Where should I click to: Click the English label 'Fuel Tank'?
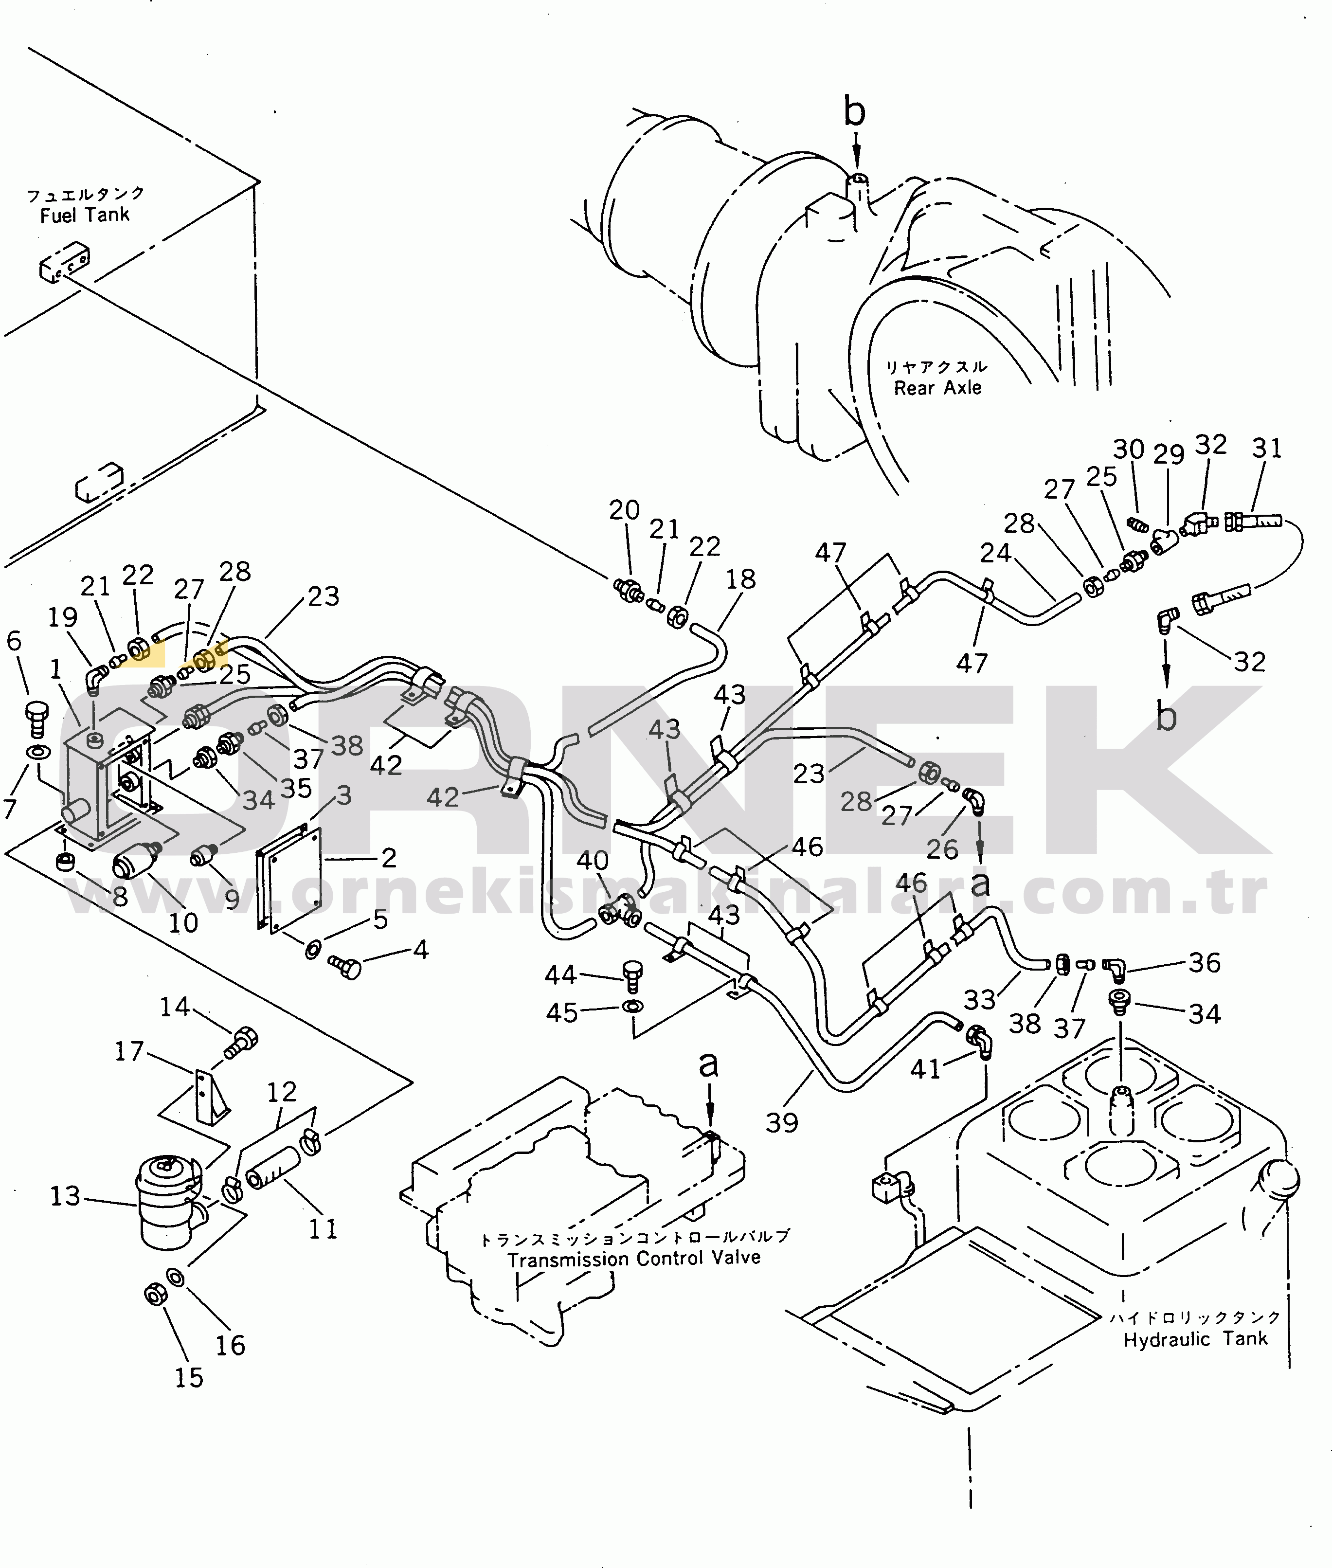point(85,215)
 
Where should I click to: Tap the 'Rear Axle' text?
point(938,388)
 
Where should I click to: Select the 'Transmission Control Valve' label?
point(633,1259)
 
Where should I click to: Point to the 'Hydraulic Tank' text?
point(1195,1340)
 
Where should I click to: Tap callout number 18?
point(741,579)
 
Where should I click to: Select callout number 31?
point(1267,449)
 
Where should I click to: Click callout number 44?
point(561,975)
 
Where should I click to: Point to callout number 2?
point(389,858)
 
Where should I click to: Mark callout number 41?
point(926,1068)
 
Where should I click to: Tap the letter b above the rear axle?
point(855,112)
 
